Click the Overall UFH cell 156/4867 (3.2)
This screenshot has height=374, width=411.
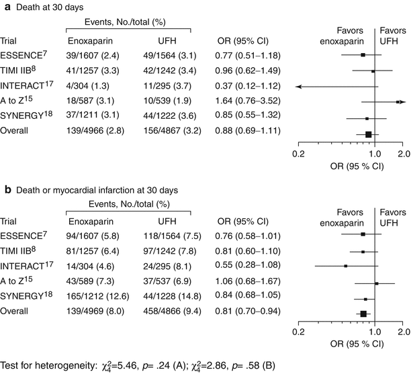(x=177, y=130)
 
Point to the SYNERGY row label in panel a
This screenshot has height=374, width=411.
(x=21, y=115)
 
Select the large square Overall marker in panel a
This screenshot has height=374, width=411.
(x=368, y=135)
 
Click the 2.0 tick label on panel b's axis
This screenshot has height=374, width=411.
(x=403, y=330)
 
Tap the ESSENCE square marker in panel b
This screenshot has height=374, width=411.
(x=363, y=234)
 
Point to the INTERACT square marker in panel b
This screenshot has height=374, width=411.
(x=345, y=266)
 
